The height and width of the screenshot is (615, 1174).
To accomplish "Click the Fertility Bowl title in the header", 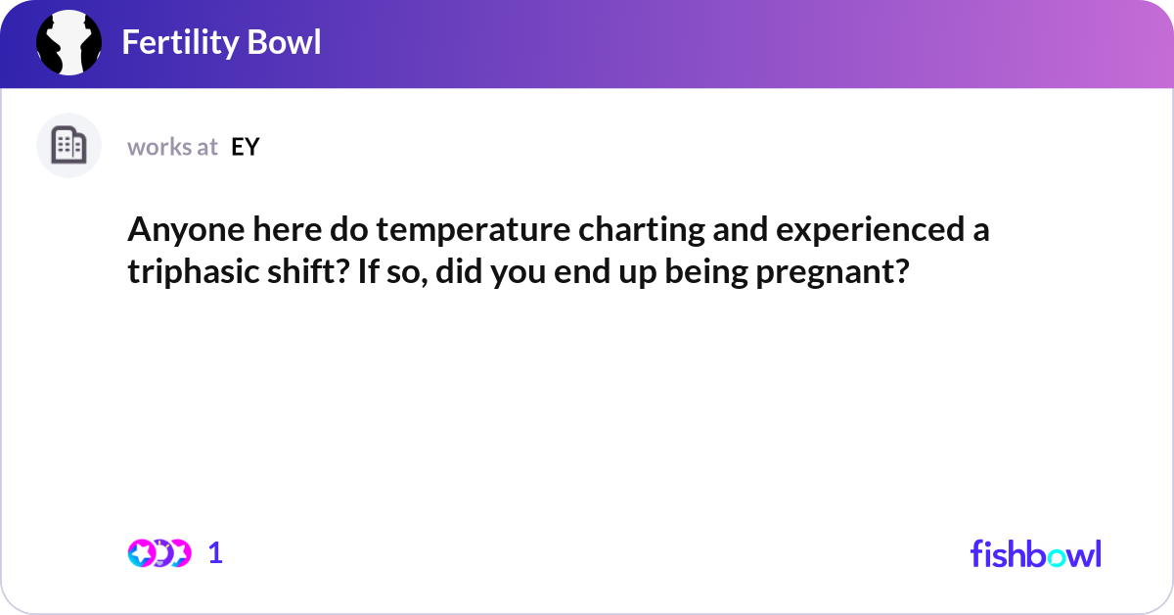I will click(221, 42).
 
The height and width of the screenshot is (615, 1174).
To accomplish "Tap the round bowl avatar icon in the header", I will click(68, 43).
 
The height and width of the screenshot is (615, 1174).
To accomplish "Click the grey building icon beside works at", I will click(68, 146).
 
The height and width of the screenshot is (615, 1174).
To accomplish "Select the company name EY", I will click(246, 147).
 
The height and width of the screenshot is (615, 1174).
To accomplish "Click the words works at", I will click(172, 147).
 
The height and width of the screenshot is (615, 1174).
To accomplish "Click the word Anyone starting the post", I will click(177, 231).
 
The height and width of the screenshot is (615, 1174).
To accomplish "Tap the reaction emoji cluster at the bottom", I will click(159, 552).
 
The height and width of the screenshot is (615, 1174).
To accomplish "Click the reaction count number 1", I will click(216, 552).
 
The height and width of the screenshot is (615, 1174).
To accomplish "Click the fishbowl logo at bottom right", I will click(1035, 553).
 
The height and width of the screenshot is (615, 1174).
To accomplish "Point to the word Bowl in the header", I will click(285, 42).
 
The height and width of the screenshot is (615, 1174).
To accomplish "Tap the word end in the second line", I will click(579, 272).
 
